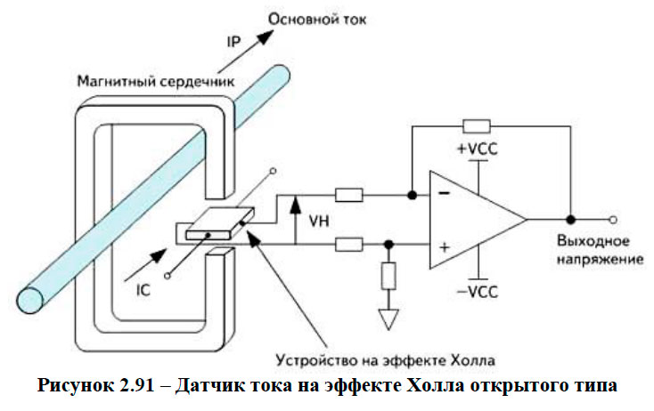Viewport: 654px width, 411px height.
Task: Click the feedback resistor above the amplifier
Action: pyautogui.click(x=477, y=125)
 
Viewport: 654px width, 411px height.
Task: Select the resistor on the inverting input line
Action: pyautogui.click(x=348, y=194)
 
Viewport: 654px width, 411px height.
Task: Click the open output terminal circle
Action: pyautogui.click(x=612, y=218)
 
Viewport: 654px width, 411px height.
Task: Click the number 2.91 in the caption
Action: pyautogui.click(x=153, y=389)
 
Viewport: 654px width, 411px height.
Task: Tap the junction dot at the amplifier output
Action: pyautogui.click(x=570, y=218)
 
